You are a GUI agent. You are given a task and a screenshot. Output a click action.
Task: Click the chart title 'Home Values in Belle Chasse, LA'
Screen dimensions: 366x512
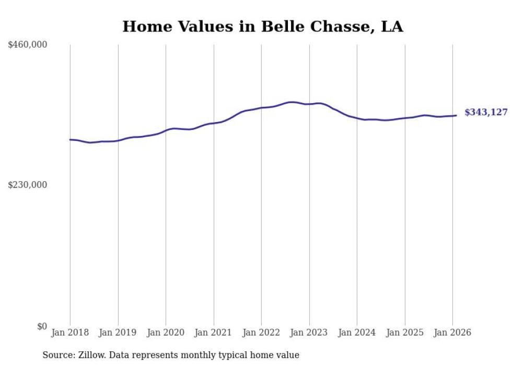point(262,27)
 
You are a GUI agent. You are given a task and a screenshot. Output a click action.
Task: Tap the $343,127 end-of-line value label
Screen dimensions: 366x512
point(486,112)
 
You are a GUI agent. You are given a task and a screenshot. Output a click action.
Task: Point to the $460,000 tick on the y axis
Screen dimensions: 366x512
point(28,45)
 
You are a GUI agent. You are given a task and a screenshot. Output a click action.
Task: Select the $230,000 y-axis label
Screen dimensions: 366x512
point(28,185)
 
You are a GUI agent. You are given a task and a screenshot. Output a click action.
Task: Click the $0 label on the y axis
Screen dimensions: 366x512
point(42,326)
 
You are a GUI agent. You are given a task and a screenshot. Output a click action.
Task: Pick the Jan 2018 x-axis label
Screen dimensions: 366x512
point(70,332)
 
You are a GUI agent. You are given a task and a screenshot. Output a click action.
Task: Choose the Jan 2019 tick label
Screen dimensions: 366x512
point(118,332)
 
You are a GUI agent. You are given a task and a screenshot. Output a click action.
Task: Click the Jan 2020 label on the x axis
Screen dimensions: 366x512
point(166,332)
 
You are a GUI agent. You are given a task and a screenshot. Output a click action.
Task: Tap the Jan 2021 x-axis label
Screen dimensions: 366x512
point(213,332)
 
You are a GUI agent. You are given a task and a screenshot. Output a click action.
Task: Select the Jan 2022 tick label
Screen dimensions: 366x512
point(261,332)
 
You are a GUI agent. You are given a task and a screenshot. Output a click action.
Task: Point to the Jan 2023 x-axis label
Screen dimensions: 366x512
point(309,332)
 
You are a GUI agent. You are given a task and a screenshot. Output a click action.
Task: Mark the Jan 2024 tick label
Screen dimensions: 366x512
point(357,332)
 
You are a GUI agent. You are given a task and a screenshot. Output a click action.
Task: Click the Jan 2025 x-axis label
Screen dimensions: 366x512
point(404,332)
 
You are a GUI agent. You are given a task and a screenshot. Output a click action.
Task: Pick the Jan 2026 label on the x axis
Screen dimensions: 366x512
point(452,332)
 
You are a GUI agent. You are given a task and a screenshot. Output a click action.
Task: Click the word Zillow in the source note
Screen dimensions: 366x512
point(88,356)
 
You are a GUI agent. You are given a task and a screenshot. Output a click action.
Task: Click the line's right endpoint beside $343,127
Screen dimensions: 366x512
point(456,116)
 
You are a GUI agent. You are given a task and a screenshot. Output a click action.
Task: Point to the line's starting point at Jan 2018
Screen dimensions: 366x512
point(70,140)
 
